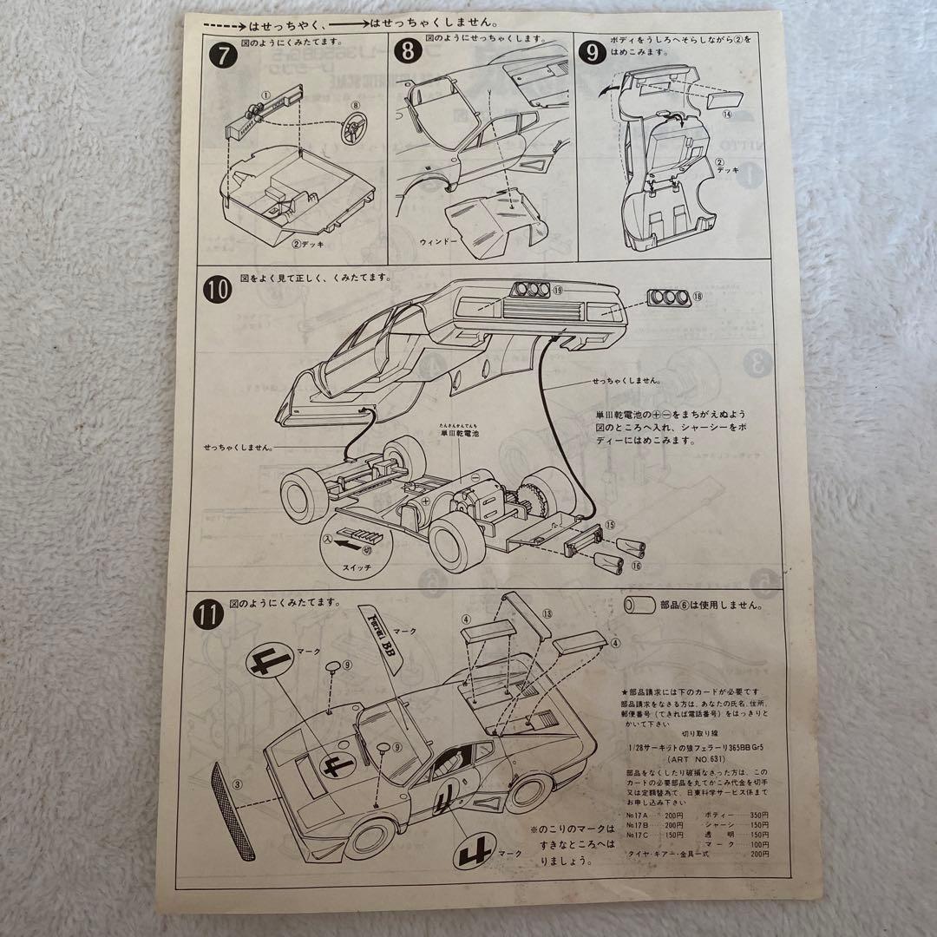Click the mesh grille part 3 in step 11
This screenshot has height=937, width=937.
click(234, 807)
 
